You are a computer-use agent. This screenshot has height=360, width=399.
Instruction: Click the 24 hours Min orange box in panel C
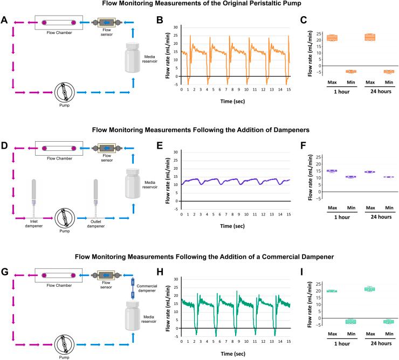388,71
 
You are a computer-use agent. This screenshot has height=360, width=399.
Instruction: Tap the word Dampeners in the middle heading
285,130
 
